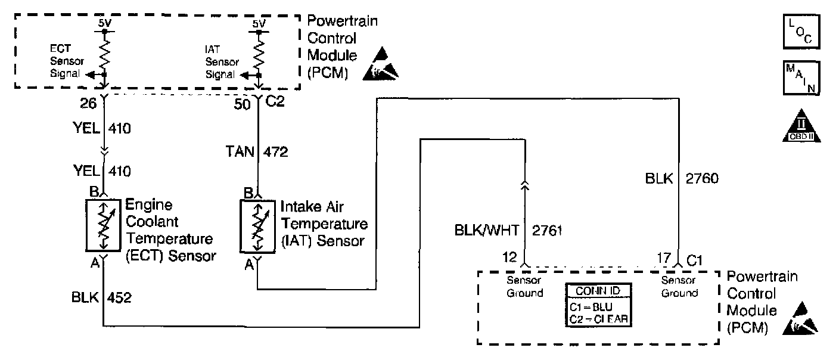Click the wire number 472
[x=275, y=152]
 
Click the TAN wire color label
[x=239, y=152]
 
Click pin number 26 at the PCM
[x=88, y=103]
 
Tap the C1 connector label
[x=695, y=260]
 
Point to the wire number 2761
[x=547, y=229]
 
